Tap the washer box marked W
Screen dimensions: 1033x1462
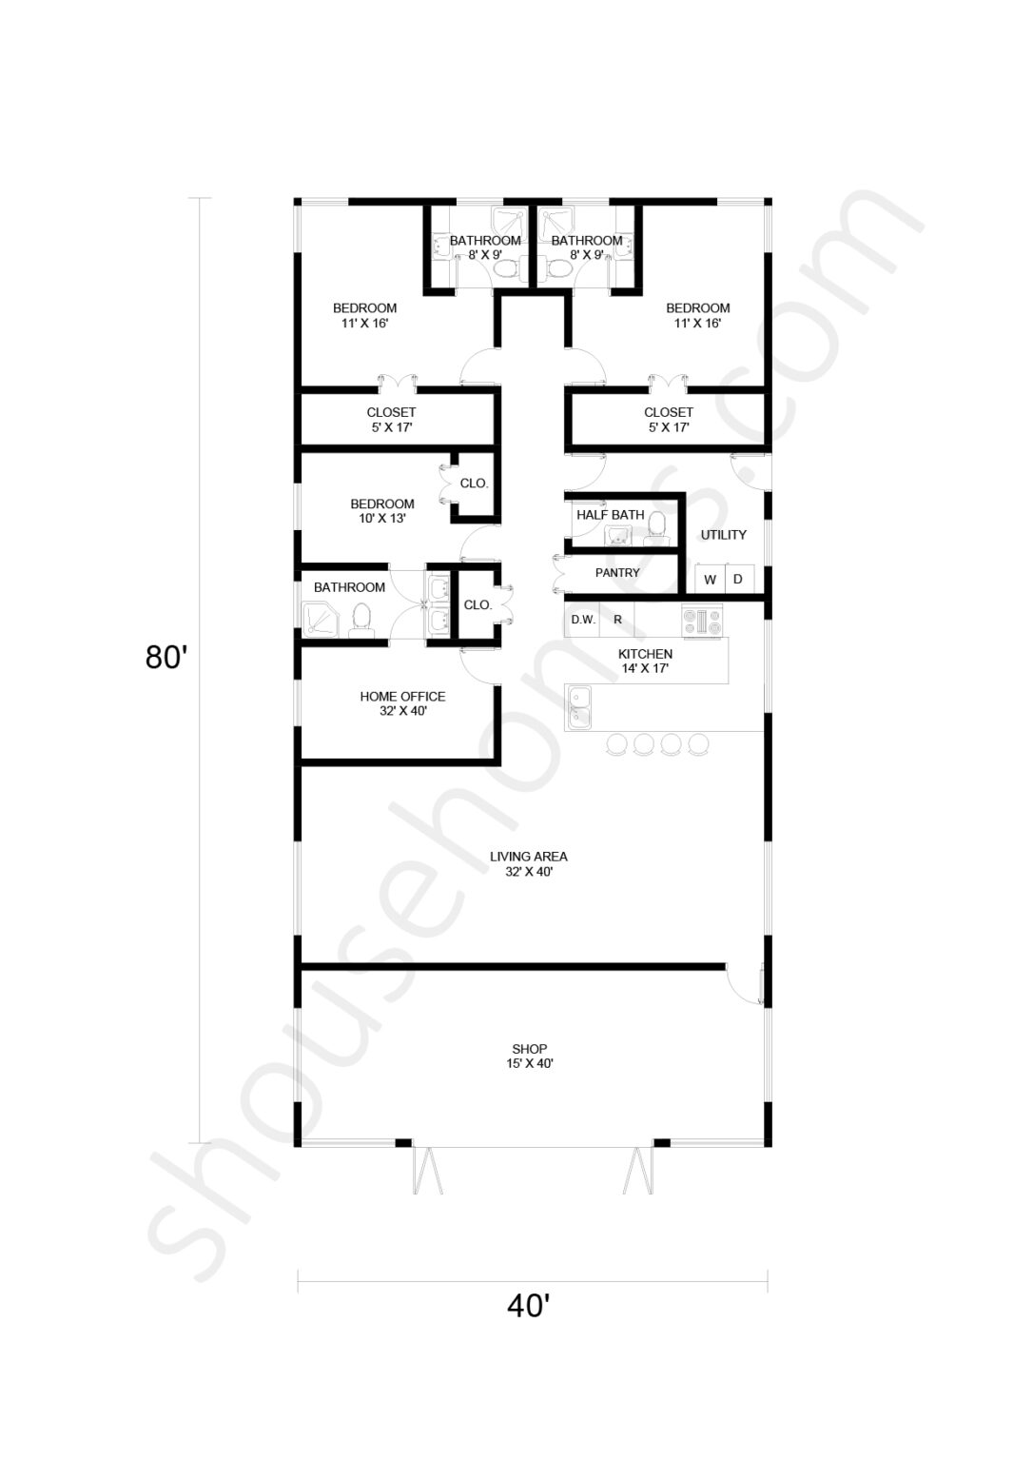click(710, 579)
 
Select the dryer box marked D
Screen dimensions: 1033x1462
click(739, 579)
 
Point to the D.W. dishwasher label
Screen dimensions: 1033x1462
click(583, 620)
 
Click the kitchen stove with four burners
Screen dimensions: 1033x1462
click(702, 621)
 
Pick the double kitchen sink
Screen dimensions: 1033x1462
click(578, 707)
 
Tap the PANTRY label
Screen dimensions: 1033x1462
click(617, 572)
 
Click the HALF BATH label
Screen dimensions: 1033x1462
click(611, 515)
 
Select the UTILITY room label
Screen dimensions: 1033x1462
click(723, 535)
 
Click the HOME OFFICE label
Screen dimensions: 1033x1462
click(402, 697)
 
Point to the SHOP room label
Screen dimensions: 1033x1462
click(529, 1049)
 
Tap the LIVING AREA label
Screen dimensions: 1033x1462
click(528, 857)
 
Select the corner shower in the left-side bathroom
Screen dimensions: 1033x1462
click(321, 619)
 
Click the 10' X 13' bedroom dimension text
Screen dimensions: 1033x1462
click(382, 518)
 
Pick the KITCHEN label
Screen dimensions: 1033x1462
click(645, 653)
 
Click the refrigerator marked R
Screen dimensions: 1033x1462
click(617, 620)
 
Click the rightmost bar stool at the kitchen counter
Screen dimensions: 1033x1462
click(698, 743)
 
